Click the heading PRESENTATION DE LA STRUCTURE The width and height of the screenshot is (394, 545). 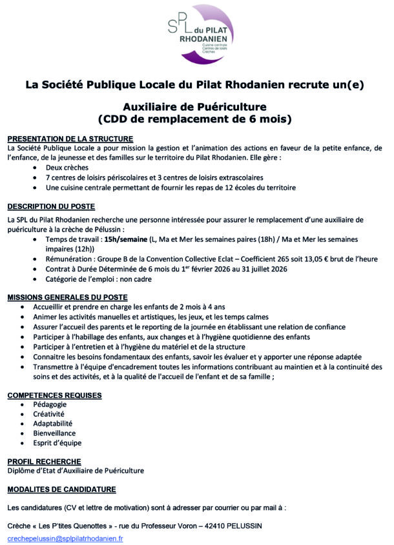(x=70, y=139)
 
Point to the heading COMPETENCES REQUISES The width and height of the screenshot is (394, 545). (x=54, y=395)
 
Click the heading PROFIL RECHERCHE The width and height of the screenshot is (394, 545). (x=44, y=462)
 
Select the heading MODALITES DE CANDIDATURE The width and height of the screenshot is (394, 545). (x=61, y=489)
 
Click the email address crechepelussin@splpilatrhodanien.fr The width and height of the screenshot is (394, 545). (x=65, y=537)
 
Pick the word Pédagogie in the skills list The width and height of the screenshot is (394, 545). (x=59, y=404)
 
